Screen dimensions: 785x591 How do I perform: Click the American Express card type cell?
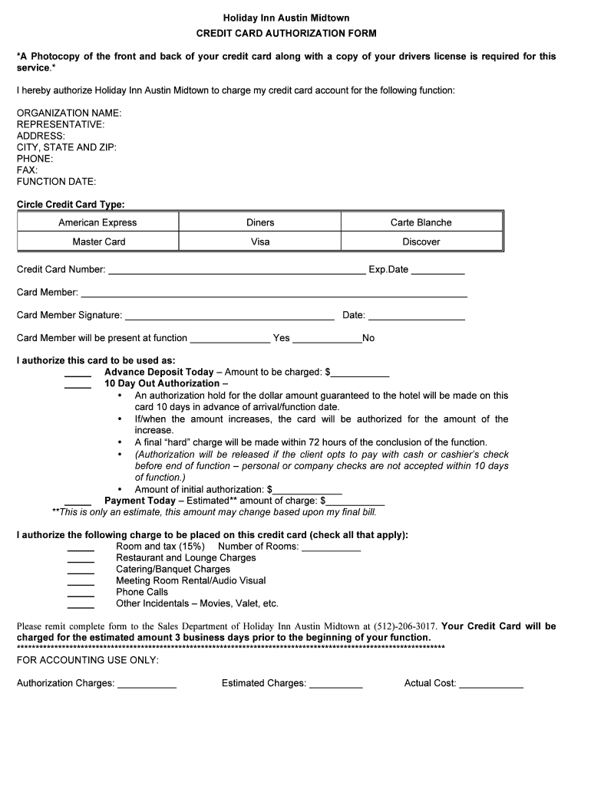(97, 222)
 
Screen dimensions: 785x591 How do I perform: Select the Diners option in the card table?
(260, 222)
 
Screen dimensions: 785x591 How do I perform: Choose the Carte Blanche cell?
(421, 222)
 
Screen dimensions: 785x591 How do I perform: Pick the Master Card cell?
(98, 241)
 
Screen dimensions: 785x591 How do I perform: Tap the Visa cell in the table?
(260, 241)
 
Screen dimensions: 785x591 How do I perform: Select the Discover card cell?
(421, 241)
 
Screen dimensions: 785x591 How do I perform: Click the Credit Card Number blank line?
(236, 271)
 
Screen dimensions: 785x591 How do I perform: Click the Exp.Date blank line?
(437, 271)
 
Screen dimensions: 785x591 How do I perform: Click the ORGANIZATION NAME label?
(69, 113)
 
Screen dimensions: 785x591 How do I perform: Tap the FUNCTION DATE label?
(57, 182)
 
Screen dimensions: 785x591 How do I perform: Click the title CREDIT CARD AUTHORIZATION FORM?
(286, 34)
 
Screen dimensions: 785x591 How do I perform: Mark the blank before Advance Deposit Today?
(78, 373)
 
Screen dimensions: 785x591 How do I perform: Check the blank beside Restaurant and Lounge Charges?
(81, 560)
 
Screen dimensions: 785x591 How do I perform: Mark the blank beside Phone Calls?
(81, 594)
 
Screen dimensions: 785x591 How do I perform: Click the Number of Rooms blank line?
(331, 548)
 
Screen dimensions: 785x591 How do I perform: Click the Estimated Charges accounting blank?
(335, 685)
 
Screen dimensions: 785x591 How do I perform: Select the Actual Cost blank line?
(491, 685)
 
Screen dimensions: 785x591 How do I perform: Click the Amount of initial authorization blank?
(308, 491)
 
